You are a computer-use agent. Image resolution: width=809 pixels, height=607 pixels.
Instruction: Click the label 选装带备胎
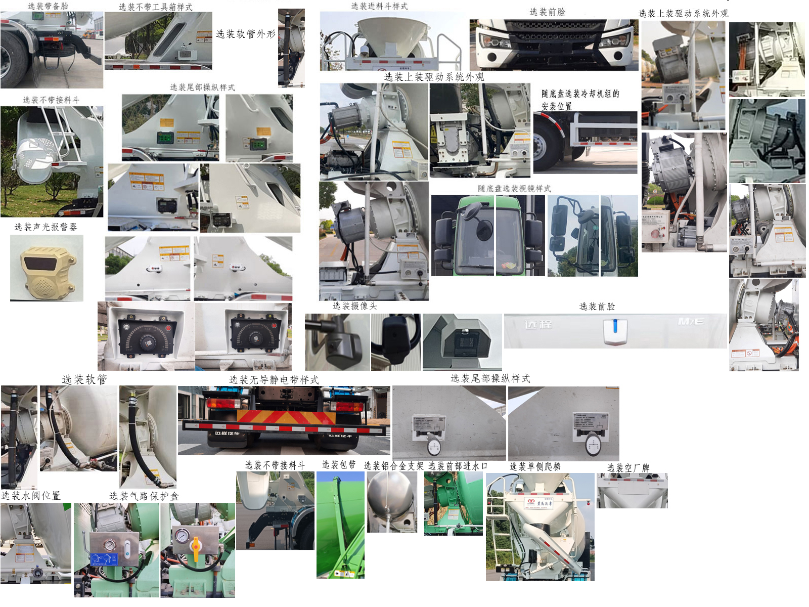[48, 6]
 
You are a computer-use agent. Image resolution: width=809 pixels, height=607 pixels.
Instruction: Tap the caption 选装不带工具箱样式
[156, 7]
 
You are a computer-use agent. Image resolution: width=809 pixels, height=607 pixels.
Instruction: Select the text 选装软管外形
[246, 34]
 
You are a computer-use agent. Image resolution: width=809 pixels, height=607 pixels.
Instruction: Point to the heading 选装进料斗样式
[379, 6]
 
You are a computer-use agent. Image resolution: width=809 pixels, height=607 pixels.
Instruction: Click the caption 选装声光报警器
[46, 227]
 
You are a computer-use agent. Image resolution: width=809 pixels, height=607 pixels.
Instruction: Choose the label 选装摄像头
[354, 306]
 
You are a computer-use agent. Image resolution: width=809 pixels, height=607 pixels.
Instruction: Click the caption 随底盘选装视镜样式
[514, 189]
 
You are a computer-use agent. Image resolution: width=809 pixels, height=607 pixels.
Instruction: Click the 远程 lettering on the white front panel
[538, 324]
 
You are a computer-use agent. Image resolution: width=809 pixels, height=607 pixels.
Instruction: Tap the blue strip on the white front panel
[615, 326]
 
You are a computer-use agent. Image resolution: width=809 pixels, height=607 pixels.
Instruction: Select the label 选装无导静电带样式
[274, 380]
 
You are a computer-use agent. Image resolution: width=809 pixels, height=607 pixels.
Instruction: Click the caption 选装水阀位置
[31, 496]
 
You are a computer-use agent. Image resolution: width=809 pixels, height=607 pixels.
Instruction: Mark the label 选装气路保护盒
[144, 496]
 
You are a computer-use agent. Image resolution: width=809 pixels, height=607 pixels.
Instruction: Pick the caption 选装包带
[339, 465]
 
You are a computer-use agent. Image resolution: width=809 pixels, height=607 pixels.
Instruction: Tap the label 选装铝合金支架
[393, 466]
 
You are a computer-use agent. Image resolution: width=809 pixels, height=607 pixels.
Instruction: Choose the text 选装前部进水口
[458, 466]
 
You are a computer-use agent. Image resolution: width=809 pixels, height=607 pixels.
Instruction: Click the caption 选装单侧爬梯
[535, 466]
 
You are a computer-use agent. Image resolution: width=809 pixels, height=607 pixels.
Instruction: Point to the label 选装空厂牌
[628, 468]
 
